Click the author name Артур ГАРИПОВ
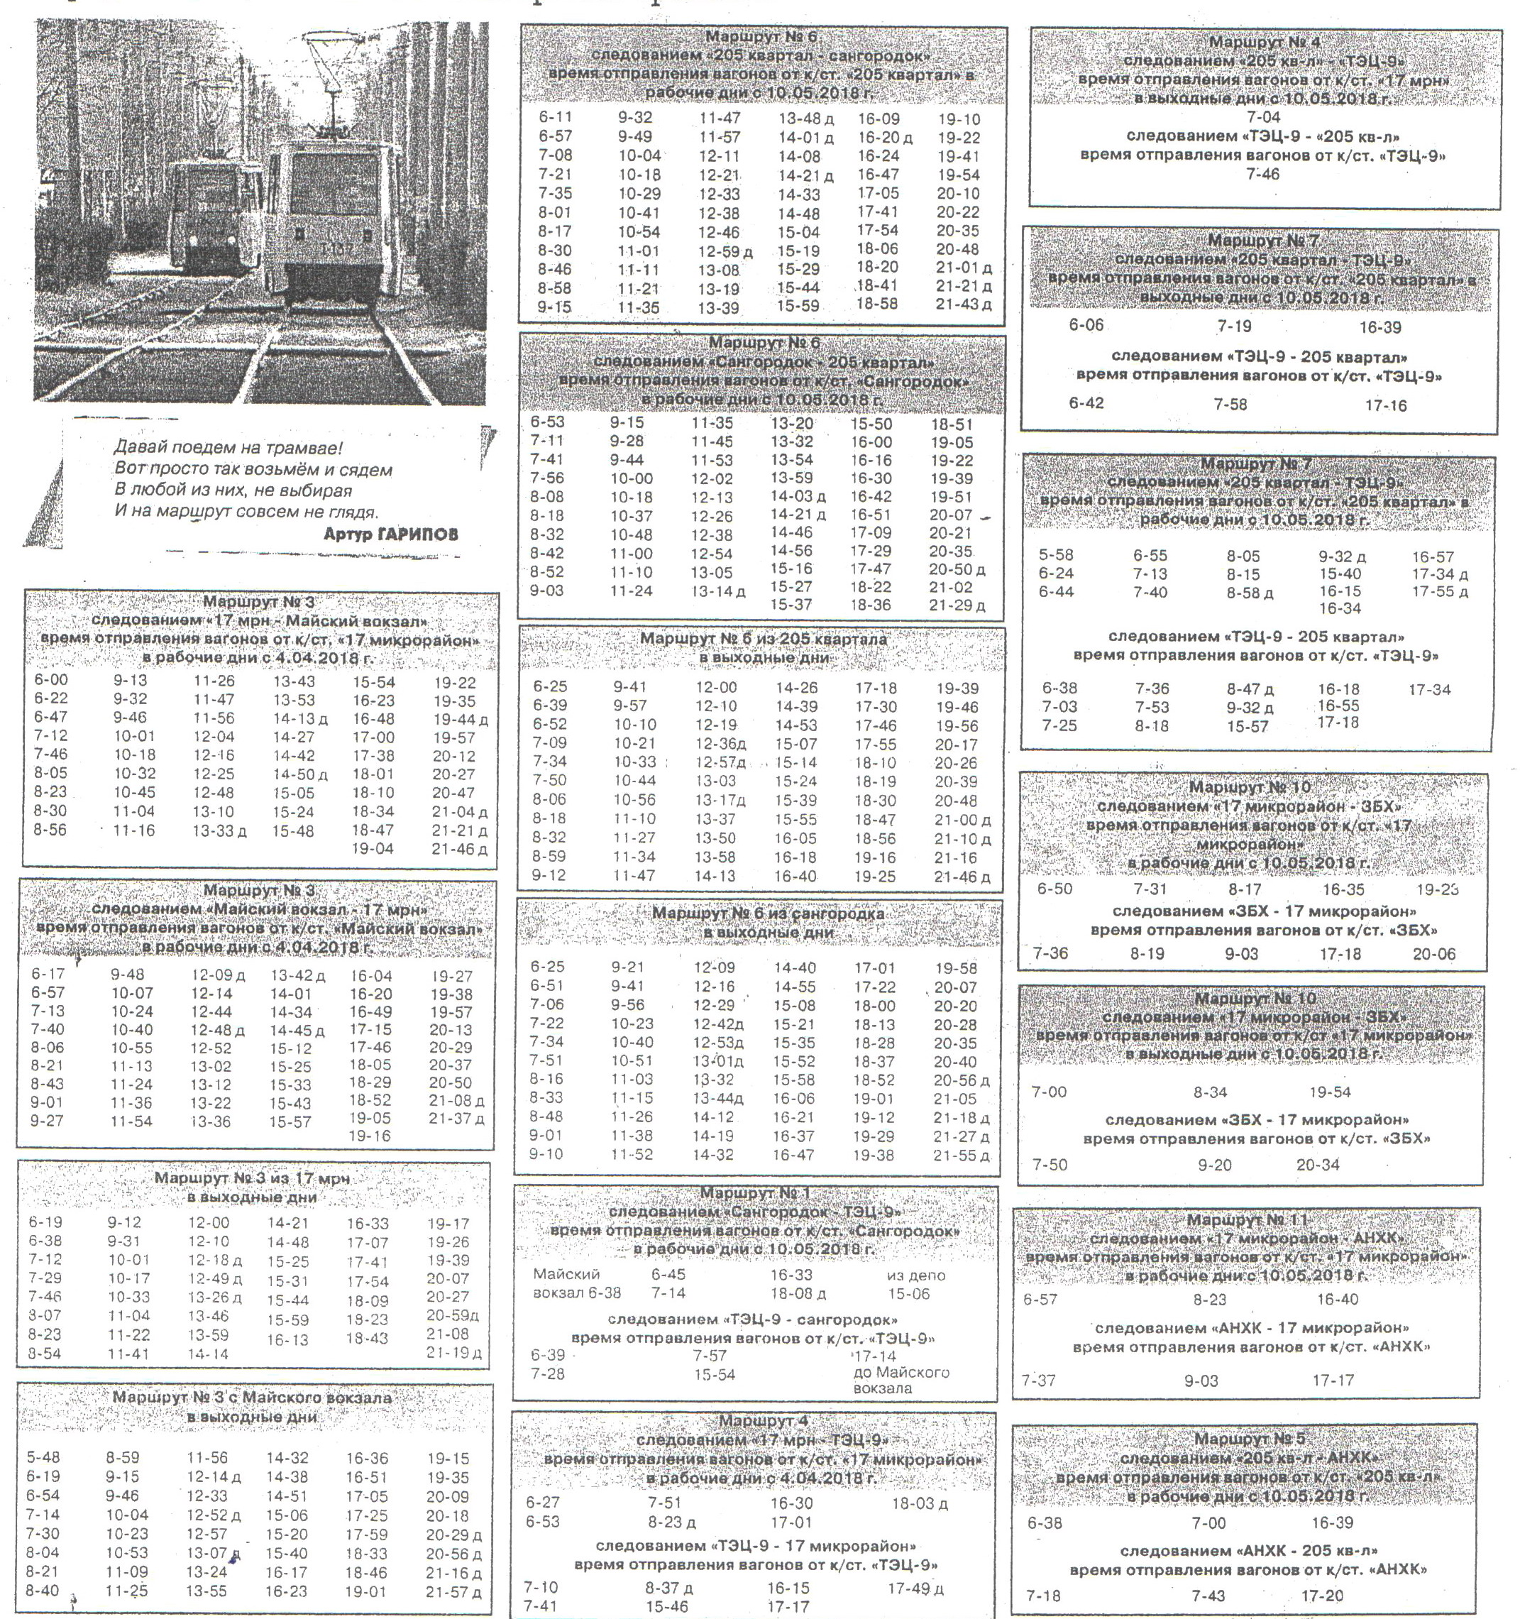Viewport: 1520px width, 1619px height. (391, 534)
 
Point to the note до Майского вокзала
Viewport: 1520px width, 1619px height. (901, 1381)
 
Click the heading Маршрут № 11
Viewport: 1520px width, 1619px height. (1247, 1220)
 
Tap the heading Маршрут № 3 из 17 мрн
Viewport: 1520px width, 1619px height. (253, 1178)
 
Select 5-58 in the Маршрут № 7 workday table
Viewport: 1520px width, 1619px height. (1056, 556)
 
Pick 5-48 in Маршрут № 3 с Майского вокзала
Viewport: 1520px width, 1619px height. (43, 1458)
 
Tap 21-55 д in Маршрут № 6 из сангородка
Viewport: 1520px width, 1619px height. (962, 1156)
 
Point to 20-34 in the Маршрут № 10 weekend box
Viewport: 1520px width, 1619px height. (1317, 1165)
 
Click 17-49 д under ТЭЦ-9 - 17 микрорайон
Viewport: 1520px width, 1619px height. (915, 1588)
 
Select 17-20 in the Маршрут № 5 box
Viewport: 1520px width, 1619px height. (1322, 1596)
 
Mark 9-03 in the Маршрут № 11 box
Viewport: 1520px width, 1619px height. (1201, 1381)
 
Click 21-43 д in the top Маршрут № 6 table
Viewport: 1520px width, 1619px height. (963, 304)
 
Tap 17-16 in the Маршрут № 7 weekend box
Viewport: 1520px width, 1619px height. (1386, 405)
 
